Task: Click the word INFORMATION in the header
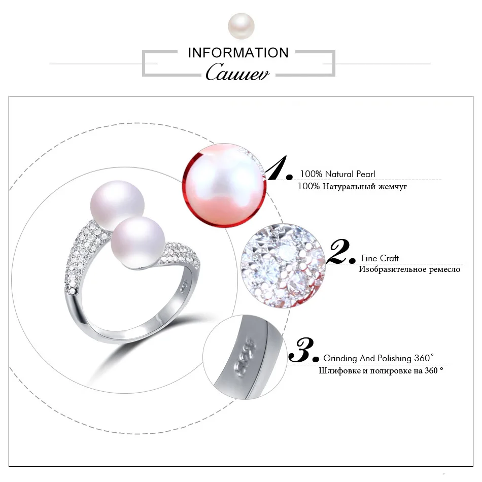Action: (238, 53)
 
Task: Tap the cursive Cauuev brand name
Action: (238, 72)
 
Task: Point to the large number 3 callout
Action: (303, 350)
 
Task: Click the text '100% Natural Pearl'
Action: (337, 174)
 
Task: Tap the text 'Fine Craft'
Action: (380, 258)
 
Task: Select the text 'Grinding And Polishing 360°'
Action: (378, 358)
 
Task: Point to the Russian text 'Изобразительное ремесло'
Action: (409, 269)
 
